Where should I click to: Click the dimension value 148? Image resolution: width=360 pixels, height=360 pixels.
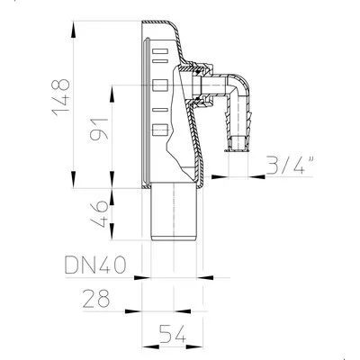tap(61, 97)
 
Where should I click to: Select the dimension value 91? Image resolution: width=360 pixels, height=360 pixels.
tap(99, 130)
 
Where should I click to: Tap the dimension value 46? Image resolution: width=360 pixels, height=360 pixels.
tap(99, 214)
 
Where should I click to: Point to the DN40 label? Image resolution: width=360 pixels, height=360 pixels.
tap(95, 265)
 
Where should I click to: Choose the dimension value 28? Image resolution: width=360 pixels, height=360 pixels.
tap(96, 298)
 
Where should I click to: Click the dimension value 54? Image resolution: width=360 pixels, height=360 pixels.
tap(173, 334)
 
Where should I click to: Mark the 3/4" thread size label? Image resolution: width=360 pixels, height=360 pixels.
tap(290, 164)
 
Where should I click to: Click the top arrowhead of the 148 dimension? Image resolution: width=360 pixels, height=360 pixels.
tap(73, 30)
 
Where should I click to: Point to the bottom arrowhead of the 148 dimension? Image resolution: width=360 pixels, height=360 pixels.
tap(73, 179)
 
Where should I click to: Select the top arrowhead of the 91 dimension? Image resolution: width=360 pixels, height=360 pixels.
tap(112, 94)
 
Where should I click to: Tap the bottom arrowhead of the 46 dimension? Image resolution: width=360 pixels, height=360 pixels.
tap(112, 231)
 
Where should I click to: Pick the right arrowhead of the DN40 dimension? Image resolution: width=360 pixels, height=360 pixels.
tap(205, 277)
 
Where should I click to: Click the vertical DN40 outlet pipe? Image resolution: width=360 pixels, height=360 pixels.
tap(174, 211)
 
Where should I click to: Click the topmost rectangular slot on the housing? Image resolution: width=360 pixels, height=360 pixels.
tap(160, 51)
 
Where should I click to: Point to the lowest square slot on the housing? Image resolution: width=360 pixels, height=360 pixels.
tap(160, 130)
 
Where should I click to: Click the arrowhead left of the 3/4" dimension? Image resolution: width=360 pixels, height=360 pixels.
tap(220, 176)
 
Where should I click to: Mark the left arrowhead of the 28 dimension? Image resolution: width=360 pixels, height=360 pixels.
tap(133, 311)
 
